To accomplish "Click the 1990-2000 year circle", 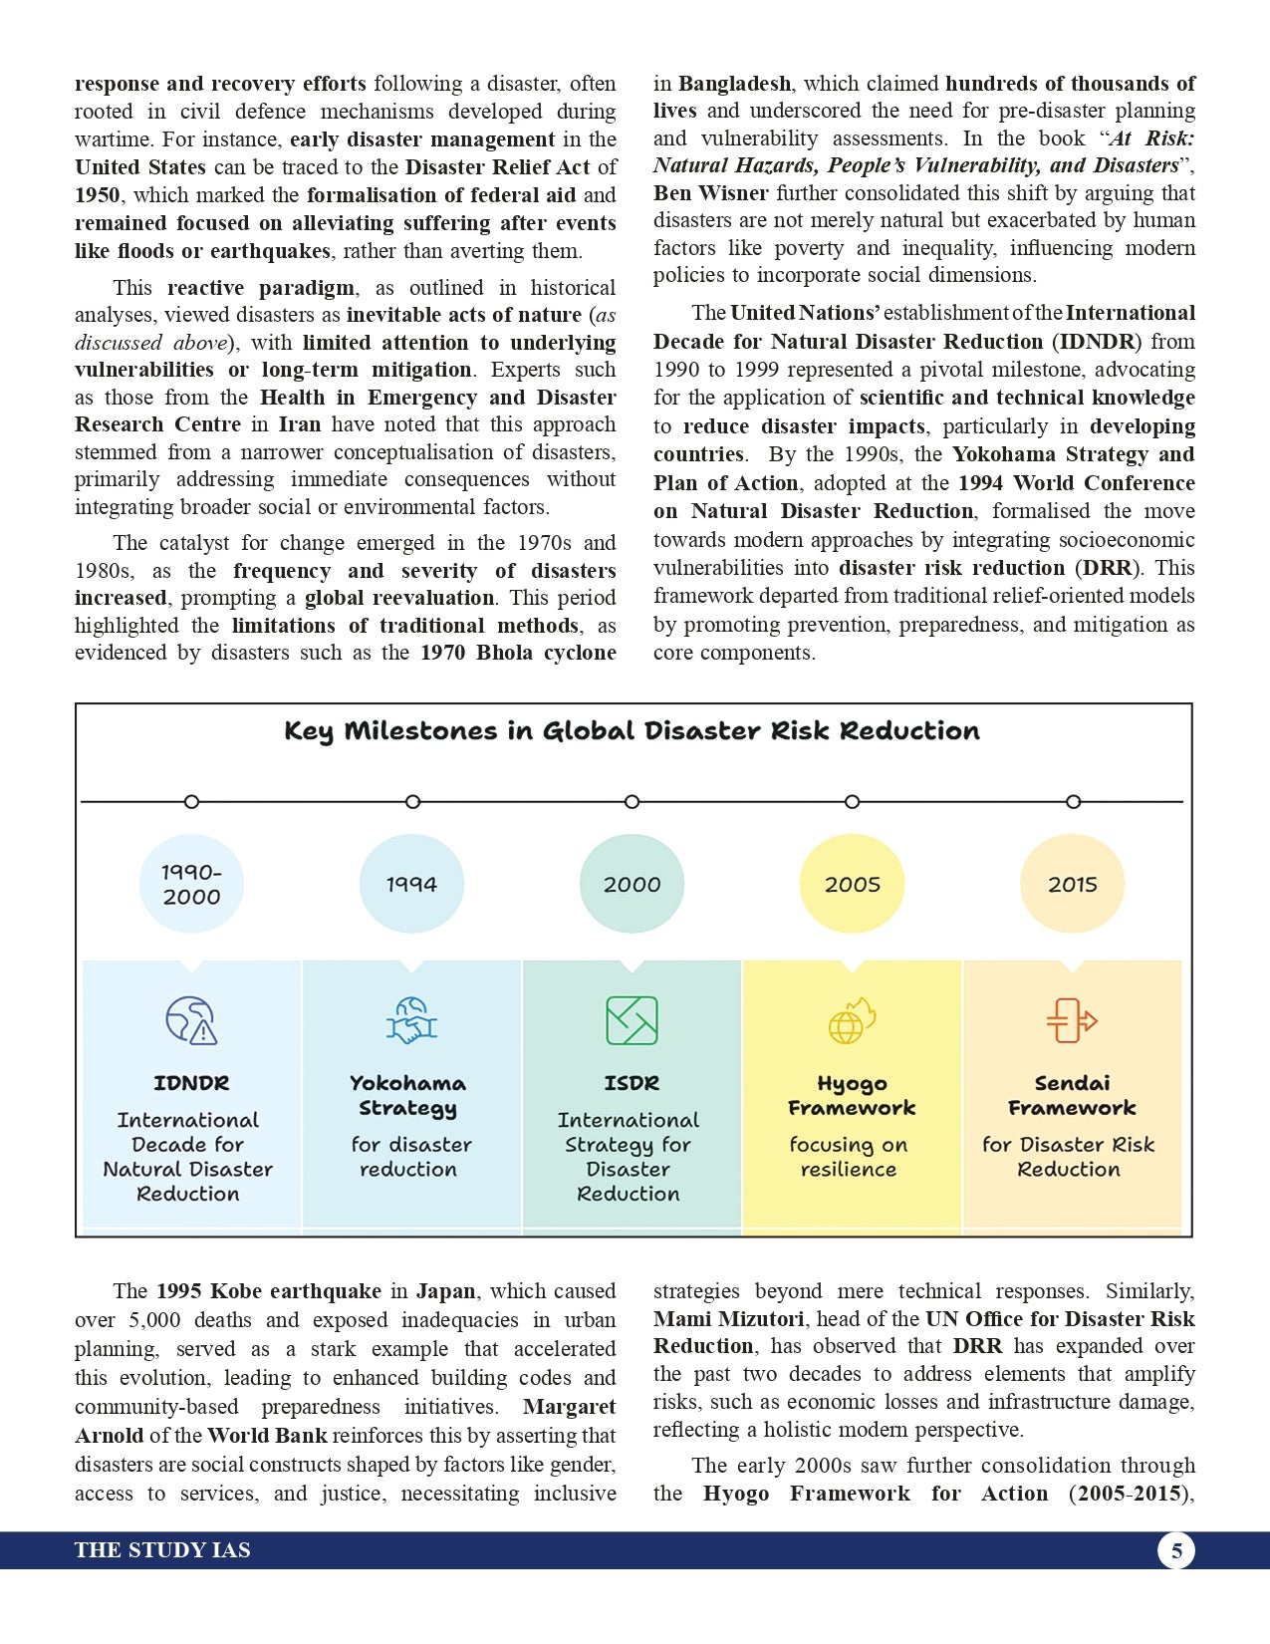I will [x=191, y=884].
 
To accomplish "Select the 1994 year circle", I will [x=411, y=884].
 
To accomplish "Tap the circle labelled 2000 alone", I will [x=632, y=884].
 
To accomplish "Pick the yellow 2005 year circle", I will [x=852, y=884].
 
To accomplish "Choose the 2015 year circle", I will [x=1072, y=884].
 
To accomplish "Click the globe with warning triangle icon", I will [x=190, y=1020].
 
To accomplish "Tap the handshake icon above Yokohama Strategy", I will [x=411, y=1020].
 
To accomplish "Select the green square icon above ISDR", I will [x=632, y=1020].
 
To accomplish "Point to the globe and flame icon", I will [x=852, y=1020].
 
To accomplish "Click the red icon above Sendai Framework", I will [x=1072, y=1020].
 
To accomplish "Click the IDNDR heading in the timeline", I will [x=191, y=1083].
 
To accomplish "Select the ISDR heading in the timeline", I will [x=632, y=1083].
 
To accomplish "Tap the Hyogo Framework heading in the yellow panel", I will [x=852, y=1095].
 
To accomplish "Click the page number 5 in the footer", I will [x=1176, y=1550].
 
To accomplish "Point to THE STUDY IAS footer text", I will [x=162, y=1550].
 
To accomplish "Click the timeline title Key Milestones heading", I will [x=632, y=731].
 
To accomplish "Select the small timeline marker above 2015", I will [x=1073, y=802].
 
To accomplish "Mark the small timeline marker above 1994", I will [x=412, y=802].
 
